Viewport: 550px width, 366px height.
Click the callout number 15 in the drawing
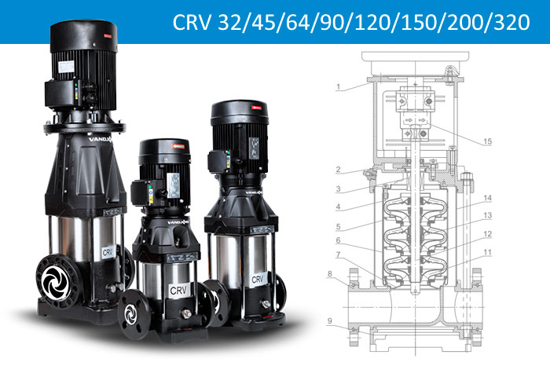click(487, 141)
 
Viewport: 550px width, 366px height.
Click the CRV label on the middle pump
click(178, 289)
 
